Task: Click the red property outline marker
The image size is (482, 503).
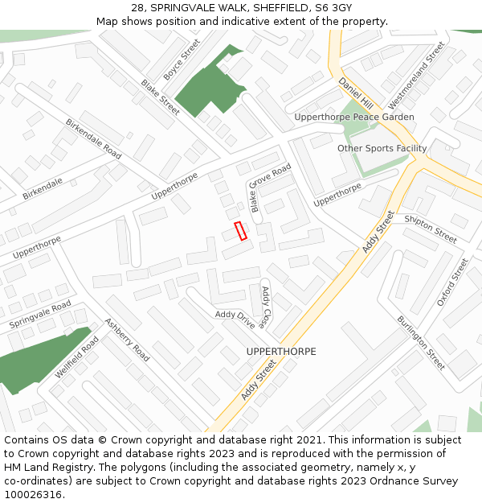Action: pos(239,231)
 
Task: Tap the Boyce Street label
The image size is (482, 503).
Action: pos(182,59)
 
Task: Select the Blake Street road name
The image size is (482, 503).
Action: pos(161,97)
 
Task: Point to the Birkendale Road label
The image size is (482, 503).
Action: pos(94,138)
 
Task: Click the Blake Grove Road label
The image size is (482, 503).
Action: pos(269,188)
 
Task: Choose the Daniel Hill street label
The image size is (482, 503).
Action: pos(356,94)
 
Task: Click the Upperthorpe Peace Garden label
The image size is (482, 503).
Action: pos(354,117)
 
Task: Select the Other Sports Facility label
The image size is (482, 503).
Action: pos(382,148)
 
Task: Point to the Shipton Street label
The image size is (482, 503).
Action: pos(431,229)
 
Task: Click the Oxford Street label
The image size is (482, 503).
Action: pos(451,282)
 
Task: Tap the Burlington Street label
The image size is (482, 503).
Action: pos(420,343)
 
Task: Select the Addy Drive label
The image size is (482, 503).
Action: pos(235,320)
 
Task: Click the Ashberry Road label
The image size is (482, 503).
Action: pos(127,340)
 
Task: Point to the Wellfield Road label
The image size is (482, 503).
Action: pos(77,358)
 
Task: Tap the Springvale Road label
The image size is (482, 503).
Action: pos(40,315)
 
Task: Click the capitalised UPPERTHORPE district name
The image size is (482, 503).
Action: pos(281,352)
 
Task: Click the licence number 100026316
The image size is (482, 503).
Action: pos(35,495)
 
